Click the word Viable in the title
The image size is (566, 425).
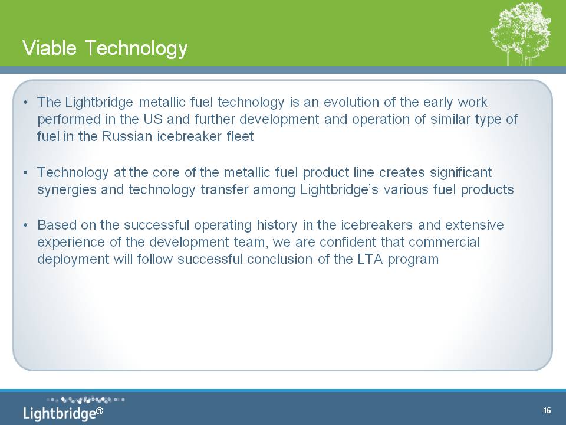[x=50, y=47]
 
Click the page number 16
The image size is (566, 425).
[x=547, y=410]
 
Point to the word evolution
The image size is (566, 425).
[x=351, y=102]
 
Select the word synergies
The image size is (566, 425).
[x=67, y=189]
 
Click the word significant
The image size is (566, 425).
[x=460, y=172]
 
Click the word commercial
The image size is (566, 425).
[x=444, y=242]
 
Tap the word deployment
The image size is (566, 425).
[x=73, y=260]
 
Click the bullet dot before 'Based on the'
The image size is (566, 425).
[x=25, y=225]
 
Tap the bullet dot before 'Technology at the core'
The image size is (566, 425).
[x=25, y=173]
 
